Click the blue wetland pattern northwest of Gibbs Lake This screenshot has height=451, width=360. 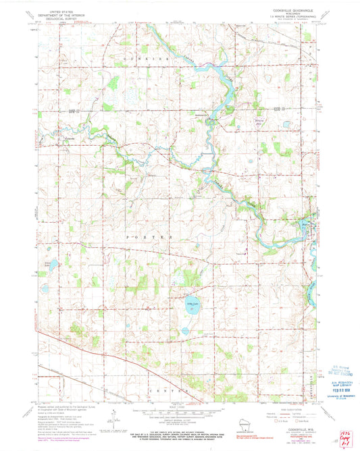coord(177,276)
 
